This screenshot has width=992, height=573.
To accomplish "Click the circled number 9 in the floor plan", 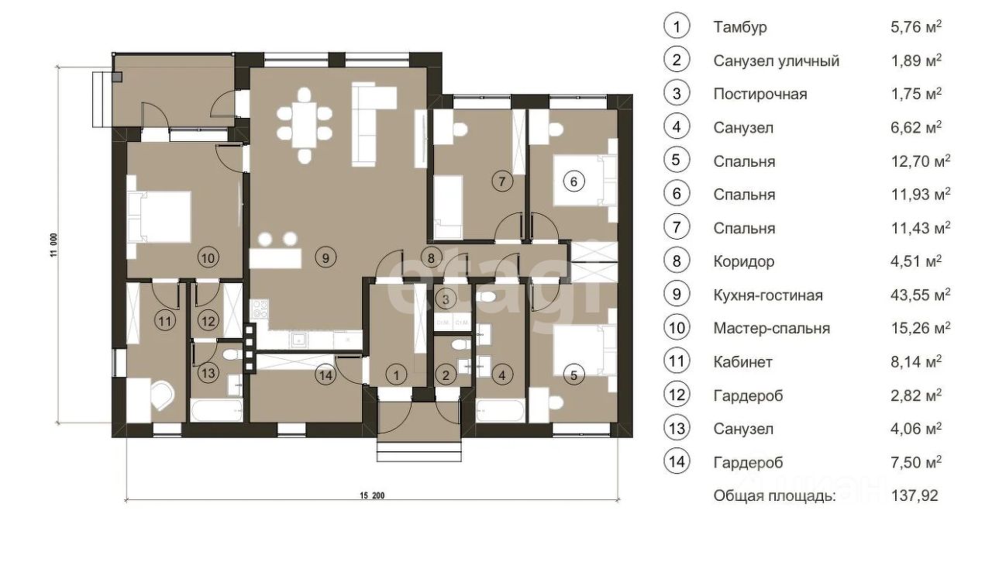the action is [325, 257].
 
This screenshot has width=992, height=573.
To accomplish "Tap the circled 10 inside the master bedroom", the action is [208, 258].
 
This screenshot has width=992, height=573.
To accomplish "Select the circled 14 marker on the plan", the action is [325, 375].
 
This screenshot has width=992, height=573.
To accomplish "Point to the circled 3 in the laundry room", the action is [446, 299].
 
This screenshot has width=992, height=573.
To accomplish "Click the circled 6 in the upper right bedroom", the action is [573, 181].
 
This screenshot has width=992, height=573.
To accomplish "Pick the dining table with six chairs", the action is [305, 126].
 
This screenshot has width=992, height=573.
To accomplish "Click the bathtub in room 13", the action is [216, 411].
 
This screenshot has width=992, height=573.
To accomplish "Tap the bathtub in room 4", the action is [501, 411].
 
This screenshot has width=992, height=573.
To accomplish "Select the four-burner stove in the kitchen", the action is [260, 309].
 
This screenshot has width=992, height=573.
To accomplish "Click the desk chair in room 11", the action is [162, 395].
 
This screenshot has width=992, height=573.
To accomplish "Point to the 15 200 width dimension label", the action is [372, 495].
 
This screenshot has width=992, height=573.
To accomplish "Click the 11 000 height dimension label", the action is [53, 245].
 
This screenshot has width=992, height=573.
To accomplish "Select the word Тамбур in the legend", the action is [740, 27].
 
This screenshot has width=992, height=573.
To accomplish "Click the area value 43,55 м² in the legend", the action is [920, 295].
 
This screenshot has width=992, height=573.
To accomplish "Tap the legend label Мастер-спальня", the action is [771, 329].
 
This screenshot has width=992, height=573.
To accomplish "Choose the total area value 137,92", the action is [914, 495].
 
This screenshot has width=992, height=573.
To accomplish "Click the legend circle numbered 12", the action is [677, 395].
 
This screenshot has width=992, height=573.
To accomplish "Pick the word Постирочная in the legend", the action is [760, 94].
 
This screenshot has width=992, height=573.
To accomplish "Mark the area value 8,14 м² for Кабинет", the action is [916, 361].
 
